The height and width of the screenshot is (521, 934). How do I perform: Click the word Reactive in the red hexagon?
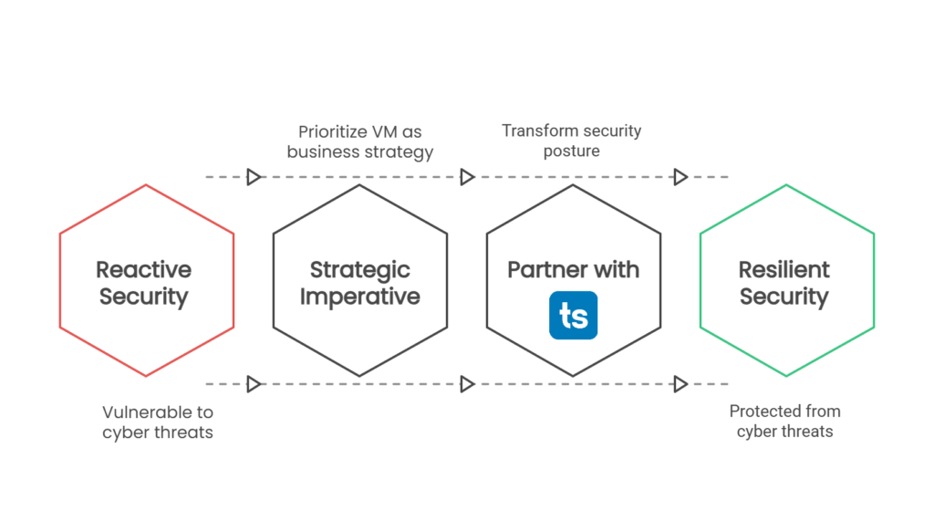coord(144,269)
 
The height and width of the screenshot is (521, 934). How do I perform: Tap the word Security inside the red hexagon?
coord(144,297)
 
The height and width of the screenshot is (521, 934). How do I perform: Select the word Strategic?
coord(359,269)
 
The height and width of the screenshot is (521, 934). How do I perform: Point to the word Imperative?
coord(359,297)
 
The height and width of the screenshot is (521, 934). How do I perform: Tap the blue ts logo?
coord(573,316)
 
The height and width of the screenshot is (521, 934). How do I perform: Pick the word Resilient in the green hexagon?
coord(784,269)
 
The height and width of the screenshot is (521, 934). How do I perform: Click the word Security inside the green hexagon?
coord(784,297)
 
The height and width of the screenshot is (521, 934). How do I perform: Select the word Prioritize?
coord(330,131)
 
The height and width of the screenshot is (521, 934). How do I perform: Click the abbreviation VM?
coord(383,131)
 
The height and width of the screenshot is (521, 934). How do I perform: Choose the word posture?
coord(572,151)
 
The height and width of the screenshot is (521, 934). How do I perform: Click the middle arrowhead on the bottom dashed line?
coord(467,384)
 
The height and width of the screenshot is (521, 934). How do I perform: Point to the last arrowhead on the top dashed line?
coord(680,176)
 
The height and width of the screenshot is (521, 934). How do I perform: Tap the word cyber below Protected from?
coord(757,432)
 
